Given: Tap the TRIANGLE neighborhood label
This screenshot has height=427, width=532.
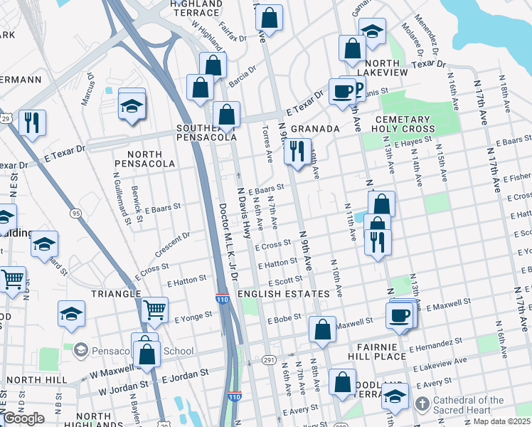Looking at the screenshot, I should click(115, 293).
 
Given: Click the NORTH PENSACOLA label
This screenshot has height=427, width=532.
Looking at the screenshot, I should click(151, 159).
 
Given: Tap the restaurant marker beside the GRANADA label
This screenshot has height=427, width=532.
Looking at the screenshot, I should click(295, 151).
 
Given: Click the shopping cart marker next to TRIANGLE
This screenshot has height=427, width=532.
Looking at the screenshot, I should click(154, 310).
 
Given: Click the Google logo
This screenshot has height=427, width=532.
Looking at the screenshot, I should click(23, 418).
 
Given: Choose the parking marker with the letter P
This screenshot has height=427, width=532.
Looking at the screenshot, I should click(356, 90).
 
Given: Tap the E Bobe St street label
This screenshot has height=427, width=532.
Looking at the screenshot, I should click(284, 319).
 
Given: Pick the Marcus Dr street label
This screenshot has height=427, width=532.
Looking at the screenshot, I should click(87, 89).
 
